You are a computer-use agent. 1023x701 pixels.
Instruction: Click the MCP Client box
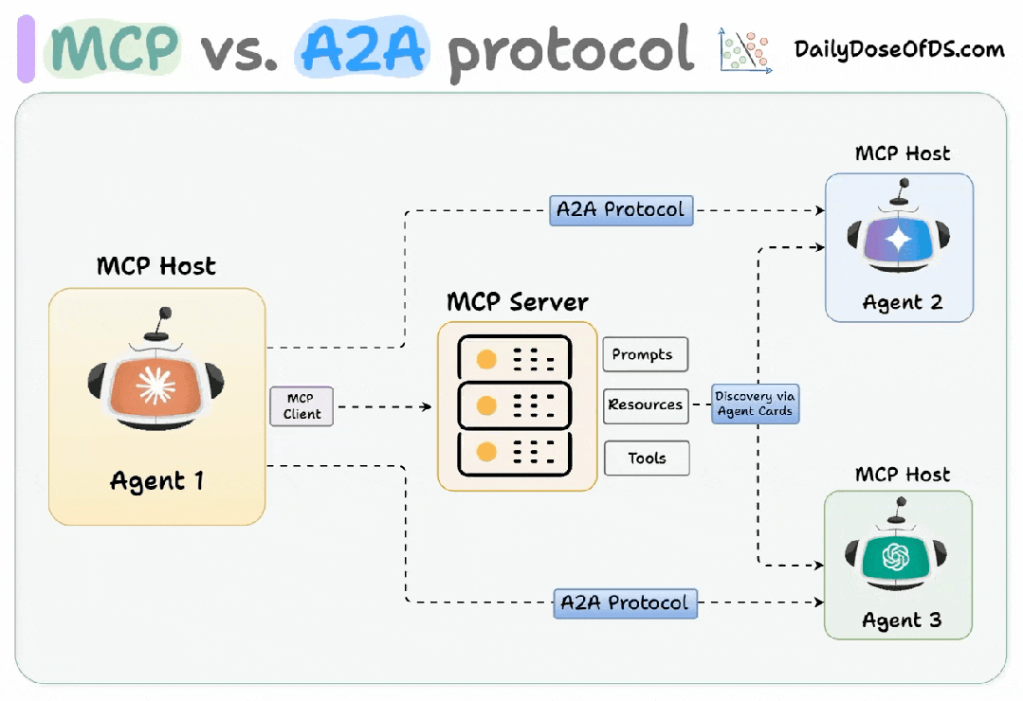tap(301, 406)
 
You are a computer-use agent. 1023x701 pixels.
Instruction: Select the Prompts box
tap(645, 354)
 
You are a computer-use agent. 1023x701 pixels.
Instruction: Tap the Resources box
tap(646, 404)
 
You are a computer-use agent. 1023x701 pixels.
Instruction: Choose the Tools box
tap(647, 458)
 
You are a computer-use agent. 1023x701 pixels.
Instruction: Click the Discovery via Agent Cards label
tap(756, 404)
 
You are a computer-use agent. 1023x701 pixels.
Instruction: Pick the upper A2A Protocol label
tap(621, 209)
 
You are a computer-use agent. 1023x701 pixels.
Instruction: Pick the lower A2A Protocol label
tap(625, 602)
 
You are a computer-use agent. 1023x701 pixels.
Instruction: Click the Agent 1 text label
tap(156, 480)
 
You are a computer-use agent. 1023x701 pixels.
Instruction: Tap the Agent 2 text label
tap(902, 303)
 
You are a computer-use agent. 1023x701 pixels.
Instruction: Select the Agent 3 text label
tap(902, 620)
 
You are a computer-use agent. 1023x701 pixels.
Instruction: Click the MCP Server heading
tap(518, 302)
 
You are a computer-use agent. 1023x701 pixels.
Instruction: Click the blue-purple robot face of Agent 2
tap(897, 242)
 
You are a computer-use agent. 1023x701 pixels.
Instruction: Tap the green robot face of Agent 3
tap(897, 557)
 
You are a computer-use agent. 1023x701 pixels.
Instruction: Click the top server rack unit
tap(514, 358)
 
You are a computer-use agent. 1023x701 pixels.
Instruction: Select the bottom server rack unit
tap(514, 454)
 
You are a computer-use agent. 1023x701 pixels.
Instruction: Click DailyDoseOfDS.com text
tap(899, 48)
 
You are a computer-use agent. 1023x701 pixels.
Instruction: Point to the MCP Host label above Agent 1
tap(156, 266)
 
